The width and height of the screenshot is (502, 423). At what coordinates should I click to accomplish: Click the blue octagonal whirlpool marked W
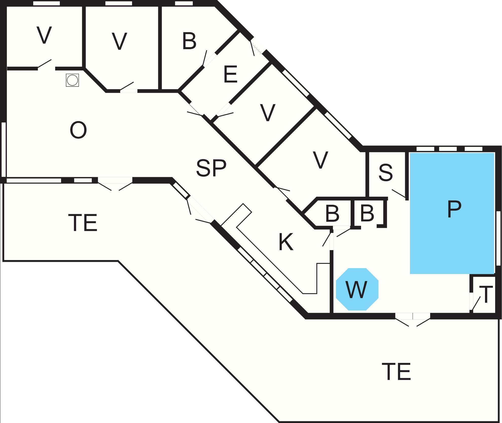click(357, 289)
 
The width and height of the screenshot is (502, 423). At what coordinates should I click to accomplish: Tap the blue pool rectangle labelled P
click(452, 213)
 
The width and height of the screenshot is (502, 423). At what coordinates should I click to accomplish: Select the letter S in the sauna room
click(386, 173)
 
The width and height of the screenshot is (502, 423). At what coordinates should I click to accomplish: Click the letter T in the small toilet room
click(486, 295)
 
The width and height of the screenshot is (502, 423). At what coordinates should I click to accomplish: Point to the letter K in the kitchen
click(286, 242)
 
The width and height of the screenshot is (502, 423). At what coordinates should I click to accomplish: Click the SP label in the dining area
click(211, 168)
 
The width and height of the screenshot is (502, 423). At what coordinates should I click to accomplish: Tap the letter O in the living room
click(78, 130)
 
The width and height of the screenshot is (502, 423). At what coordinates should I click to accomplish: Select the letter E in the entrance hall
click(230, 74)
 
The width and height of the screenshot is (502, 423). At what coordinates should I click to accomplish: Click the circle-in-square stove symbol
click(73, 80)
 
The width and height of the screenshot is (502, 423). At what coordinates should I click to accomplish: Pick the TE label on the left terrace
click(83, 223)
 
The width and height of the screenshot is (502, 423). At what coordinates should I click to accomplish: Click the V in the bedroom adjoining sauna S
click(320, 160)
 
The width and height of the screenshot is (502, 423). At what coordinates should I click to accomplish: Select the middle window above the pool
click(448, 149)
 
